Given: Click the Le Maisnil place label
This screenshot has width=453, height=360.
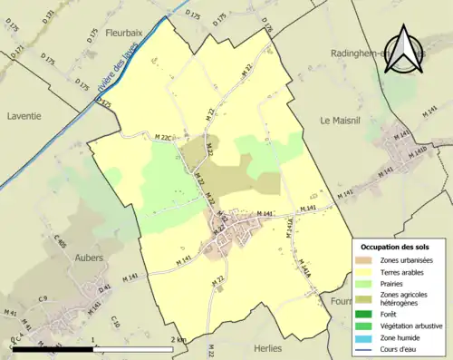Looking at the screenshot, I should (x=340, y=120).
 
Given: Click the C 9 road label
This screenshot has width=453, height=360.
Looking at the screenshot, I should (x=43, y=299).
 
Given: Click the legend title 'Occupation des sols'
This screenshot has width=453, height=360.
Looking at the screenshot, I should (x=395, y=247).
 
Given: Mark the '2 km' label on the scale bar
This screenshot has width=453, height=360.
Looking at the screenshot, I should (x=178, y=341).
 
